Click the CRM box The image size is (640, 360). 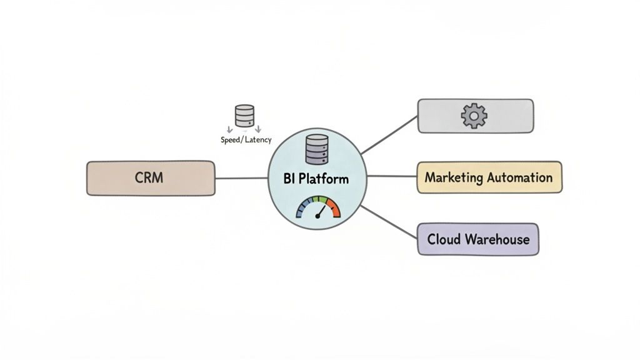point(150,178)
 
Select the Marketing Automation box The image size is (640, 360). point(489,177)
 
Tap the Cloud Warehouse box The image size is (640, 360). point(477,239)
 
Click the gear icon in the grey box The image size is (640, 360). point(474,116)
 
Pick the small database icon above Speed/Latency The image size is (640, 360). point(244,116)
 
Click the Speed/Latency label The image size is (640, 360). point(246,140)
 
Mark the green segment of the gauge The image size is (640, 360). point(322,201)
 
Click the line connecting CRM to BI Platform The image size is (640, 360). point(241,178)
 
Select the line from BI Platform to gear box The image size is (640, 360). point(389,135)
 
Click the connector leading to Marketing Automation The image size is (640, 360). point(392,177)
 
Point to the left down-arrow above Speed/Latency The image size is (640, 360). point(229,129)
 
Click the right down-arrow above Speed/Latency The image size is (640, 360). point(258,129)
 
